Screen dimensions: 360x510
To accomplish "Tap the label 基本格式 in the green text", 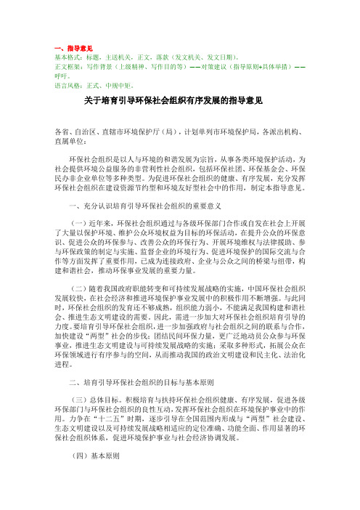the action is coord(58,55).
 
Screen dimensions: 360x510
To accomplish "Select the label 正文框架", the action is coord(58,65).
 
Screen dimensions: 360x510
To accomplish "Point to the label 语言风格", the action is coord(58,84).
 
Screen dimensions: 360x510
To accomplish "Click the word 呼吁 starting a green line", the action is coord(52,74).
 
